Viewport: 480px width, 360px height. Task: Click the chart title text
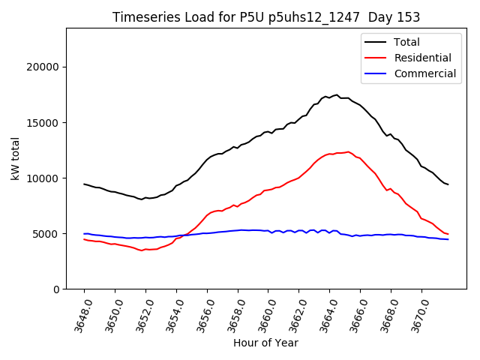pos(266,17)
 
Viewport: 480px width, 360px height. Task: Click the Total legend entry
pos(406,42)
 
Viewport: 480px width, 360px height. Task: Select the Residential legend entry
pos(422,58)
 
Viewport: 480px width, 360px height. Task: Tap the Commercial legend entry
pos(424,73)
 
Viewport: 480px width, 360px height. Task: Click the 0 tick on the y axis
pos(56,289)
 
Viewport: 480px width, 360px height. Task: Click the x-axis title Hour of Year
pos(265,343)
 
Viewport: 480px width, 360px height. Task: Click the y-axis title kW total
pos(15,158)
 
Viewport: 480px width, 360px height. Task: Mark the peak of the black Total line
pos(337,95)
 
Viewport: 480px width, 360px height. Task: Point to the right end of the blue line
pos(448,239)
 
